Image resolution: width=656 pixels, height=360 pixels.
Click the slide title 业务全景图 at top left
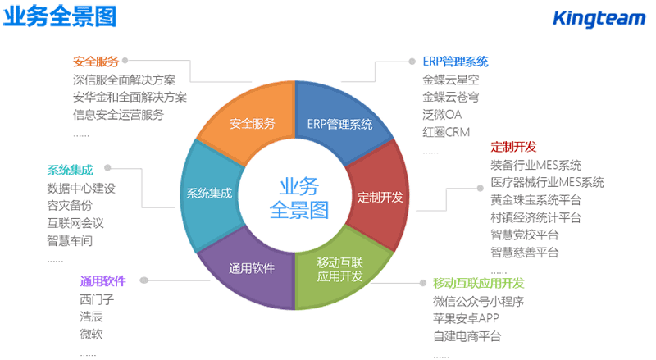click(59, 16)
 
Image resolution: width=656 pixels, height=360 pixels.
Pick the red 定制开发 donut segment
click(380, 198)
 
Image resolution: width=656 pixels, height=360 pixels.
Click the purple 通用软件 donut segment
click(252, 268)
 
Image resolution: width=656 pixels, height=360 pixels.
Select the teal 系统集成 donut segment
click(209, 194)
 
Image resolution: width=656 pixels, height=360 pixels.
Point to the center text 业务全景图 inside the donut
click(298, 198)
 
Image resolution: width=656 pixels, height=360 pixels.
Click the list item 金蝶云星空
click(450, 80)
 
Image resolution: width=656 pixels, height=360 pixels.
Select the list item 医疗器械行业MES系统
click(547, 182)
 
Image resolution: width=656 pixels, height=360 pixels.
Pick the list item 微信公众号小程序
click(478, 301)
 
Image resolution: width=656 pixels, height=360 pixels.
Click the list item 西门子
click(98, 299)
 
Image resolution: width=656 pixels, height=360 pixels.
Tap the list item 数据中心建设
click(81, 188)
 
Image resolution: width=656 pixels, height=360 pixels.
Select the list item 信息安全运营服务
click(118, 114)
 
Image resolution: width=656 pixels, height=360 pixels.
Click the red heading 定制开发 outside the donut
click(513, 147)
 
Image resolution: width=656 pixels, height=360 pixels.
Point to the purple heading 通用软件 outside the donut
click(102, 281)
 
